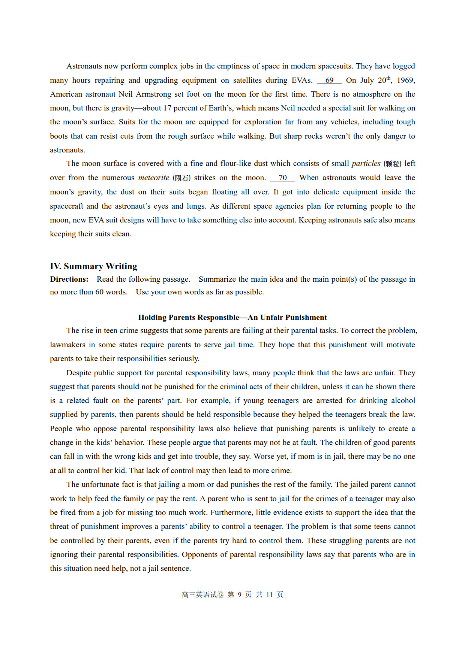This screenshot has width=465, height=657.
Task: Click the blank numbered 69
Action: (x=329, y=81)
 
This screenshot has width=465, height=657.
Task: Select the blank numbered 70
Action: (x=283, y=178)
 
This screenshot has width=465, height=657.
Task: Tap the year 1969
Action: (x=406, y=81)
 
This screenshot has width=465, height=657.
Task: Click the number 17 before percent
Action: (x=167, y=108)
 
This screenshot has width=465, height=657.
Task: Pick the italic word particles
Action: (x=366, y=164)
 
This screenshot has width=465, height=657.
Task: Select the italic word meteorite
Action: (x=154, y=178)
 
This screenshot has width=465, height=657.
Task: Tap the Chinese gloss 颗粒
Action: (x=393, y=164)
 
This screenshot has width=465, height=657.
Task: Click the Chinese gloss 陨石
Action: (x=182, y=178)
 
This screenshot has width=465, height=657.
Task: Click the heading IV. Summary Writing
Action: (x=93, y=266)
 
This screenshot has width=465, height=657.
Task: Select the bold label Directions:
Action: (x=69, y=279)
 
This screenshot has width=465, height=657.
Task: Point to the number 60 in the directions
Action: (x=99, y=292)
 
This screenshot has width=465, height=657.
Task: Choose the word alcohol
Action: (x=403, y=401)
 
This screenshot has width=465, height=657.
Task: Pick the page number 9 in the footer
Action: (x=240, y=595)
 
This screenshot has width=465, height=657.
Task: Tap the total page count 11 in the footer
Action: (x=270, y=595)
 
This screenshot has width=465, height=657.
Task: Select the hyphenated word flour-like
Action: (x=236, y=164)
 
